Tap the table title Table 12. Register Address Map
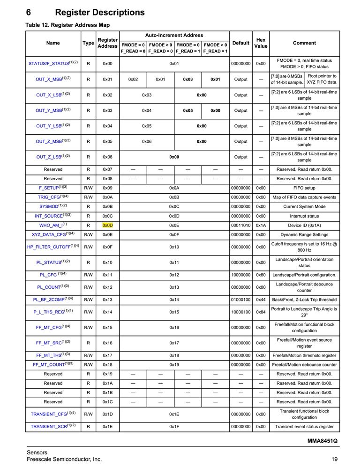68,25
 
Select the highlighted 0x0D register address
107,225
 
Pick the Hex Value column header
261,43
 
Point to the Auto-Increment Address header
174,35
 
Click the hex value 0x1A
261,225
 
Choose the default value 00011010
241,225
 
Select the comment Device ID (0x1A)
304,225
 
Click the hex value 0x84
261,312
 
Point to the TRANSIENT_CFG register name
49,414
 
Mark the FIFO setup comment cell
304,188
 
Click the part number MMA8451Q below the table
323,441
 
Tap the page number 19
334,460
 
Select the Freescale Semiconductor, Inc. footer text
64,460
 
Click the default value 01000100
241,299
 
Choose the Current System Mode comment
304,206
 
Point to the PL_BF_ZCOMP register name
50,299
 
